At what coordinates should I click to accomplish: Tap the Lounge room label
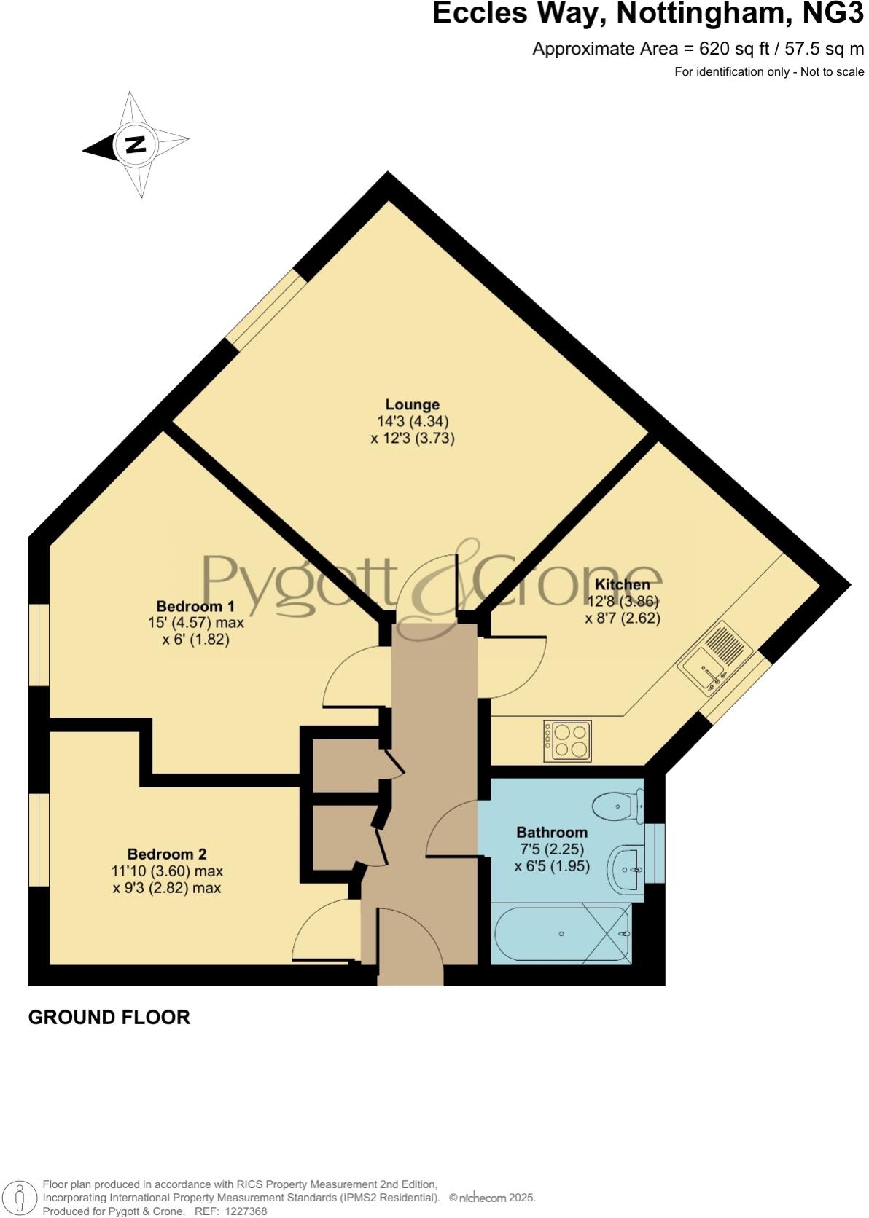412,404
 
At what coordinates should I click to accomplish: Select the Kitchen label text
622,584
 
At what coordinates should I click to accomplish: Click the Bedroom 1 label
195,606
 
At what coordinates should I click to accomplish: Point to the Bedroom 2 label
167,854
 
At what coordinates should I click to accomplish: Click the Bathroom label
551,832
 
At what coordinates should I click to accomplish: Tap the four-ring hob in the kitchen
568,740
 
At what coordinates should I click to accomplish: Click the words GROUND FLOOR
109,1017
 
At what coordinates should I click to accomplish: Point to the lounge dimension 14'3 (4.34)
412,421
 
